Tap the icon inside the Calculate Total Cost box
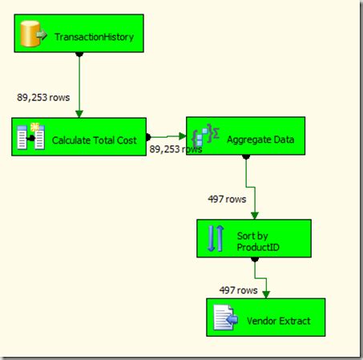(x=30, y=137)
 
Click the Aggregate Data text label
(x=260, y=140)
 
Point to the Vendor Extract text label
(x=279, y=322)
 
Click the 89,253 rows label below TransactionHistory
(x=43, y=97)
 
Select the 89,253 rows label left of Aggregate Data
(x=176, y=149)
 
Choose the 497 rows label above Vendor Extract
(x=238, y=289)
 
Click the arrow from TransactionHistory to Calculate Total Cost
(x=79, y=88)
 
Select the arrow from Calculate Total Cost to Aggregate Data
(x=168, y=136)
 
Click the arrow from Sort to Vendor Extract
(x=265, y=285)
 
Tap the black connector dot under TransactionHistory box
(x=79, y=55)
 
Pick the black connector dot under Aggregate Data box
(x=246, y=158)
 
